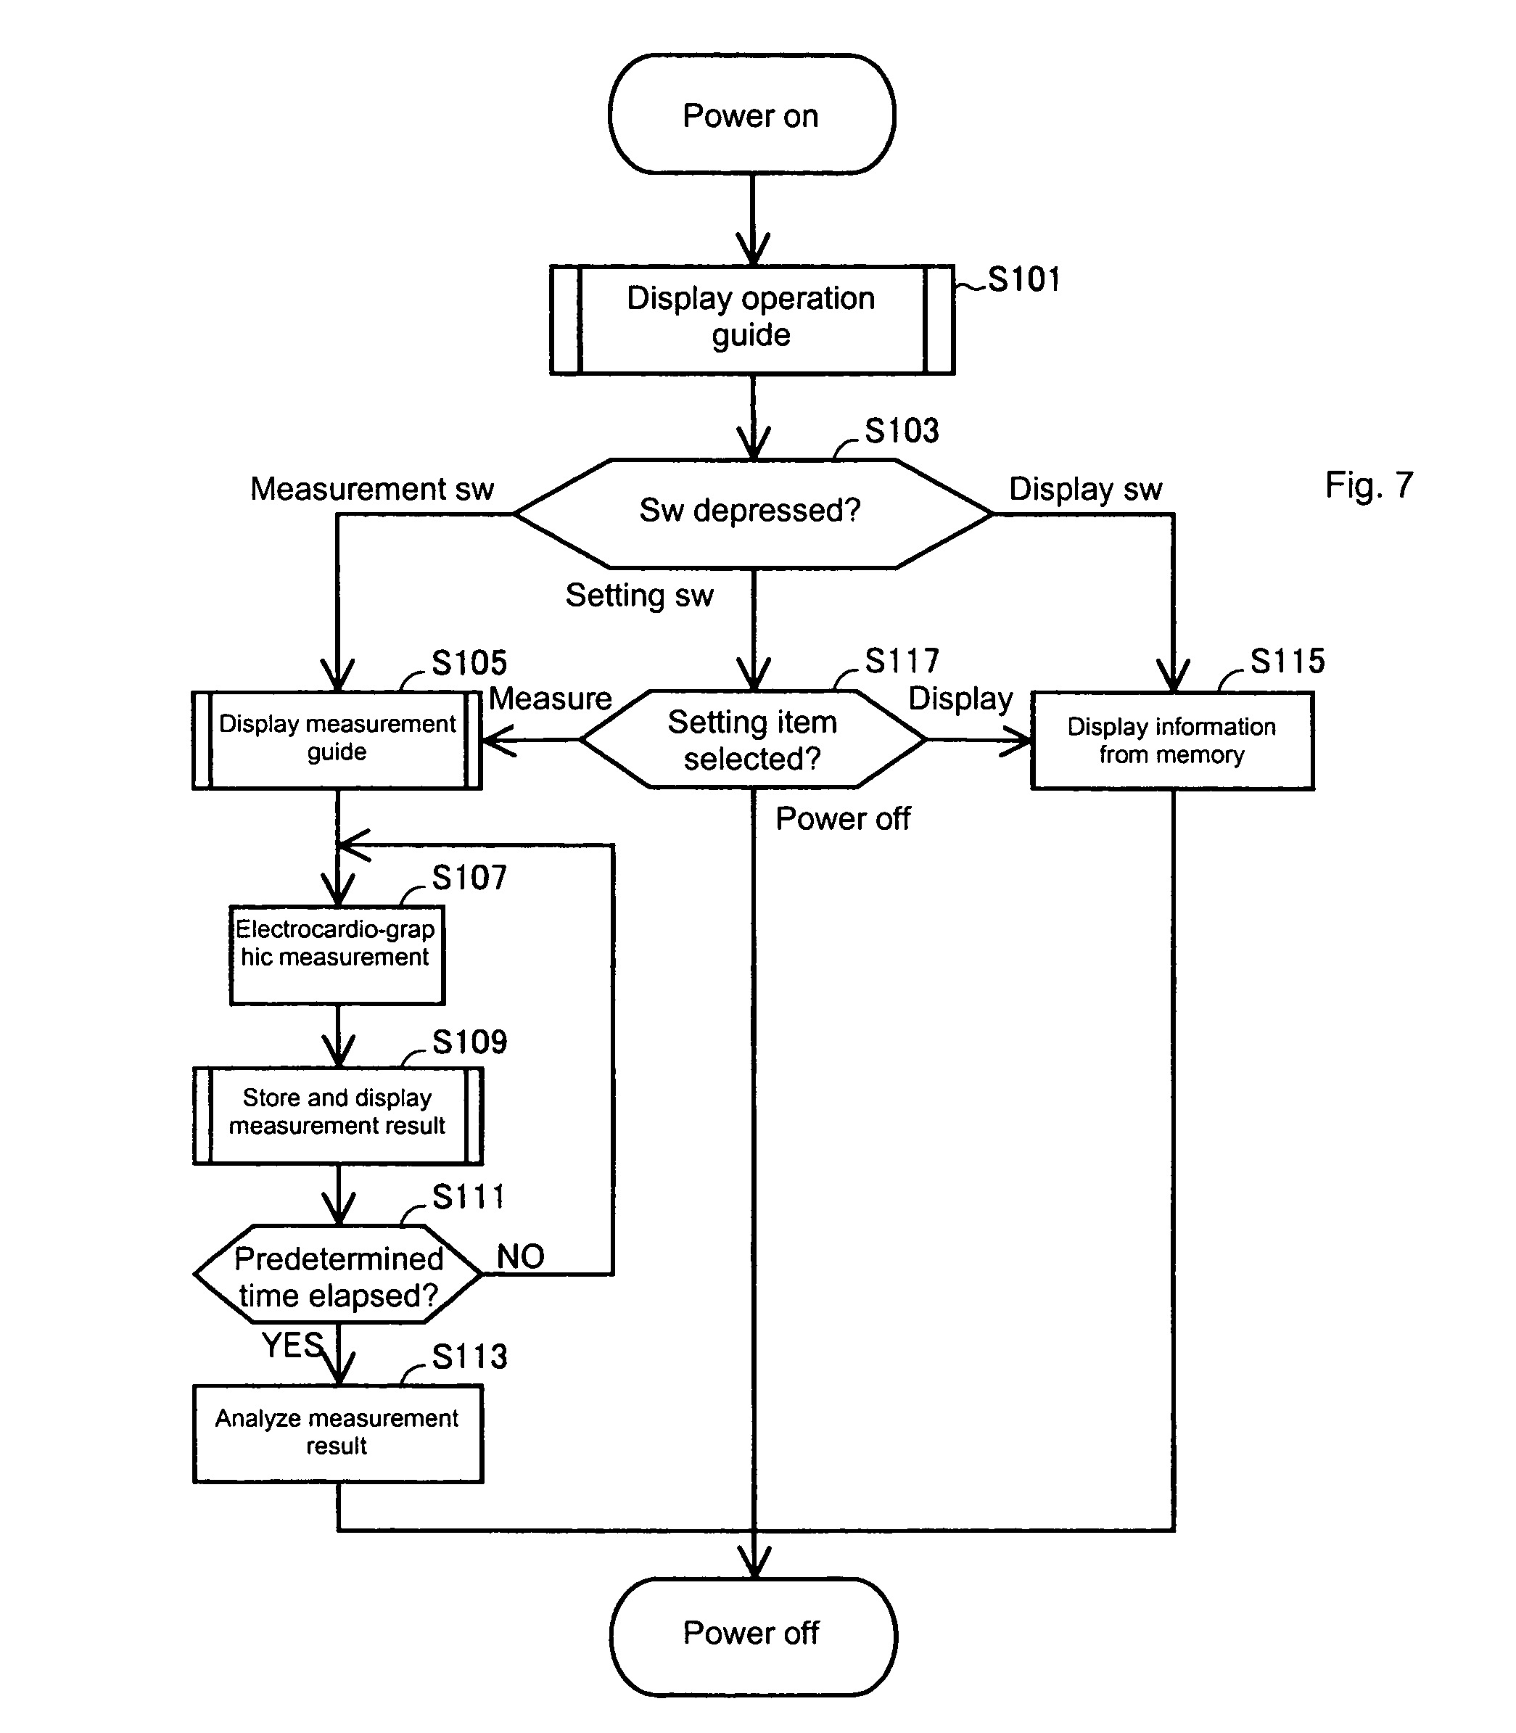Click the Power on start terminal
point(751,115)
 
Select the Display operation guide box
point(751,319)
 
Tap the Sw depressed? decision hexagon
point(751,512)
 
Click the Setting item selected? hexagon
point(752,740)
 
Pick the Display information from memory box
point(1171,741)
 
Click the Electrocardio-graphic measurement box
point(337,955)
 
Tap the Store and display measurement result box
point(337,1114)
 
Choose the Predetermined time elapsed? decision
point(337,1276)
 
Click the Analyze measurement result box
point(337,1433)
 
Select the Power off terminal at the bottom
point(751,1633)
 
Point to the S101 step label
point(1023,279)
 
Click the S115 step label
point(1288,661)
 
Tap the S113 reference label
point(469,1357)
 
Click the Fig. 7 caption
point(1368,485)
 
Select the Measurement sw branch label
point(371,488)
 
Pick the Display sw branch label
point(1085,488)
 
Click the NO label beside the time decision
point(520,1256)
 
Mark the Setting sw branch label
point(639,595)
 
